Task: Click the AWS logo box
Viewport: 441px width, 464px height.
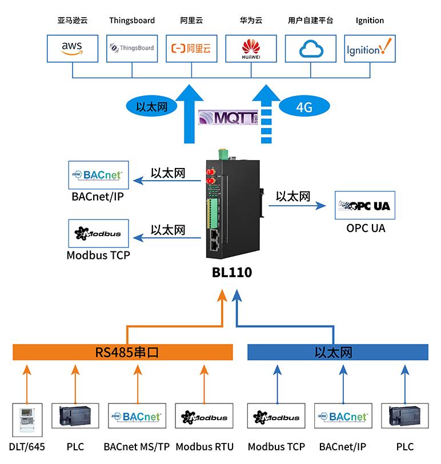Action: click(x=73, y=47)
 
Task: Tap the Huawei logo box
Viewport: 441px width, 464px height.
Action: click(x=251, y=47)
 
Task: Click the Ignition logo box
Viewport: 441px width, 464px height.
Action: click(x=370, y=47)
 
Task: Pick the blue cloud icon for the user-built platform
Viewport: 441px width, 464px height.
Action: click(x=310, y=47)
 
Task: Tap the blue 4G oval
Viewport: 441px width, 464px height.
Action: click(x=304, y=107)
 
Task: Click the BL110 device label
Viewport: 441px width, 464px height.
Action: click(x=231, y=273)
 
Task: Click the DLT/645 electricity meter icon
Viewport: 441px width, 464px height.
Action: click(x=27, y=418)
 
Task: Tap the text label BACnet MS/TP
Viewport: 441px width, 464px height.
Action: click(x=137, y=446)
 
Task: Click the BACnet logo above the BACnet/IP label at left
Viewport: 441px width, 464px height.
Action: click(x=98, y=175)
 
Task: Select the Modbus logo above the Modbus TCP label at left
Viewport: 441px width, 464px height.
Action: click(x=98, y=234)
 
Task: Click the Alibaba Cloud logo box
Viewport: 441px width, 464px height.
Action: click(x=191, y=47)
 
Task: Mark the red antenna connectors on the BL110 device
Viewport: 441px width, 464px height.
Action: click(x=209, y=176)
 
